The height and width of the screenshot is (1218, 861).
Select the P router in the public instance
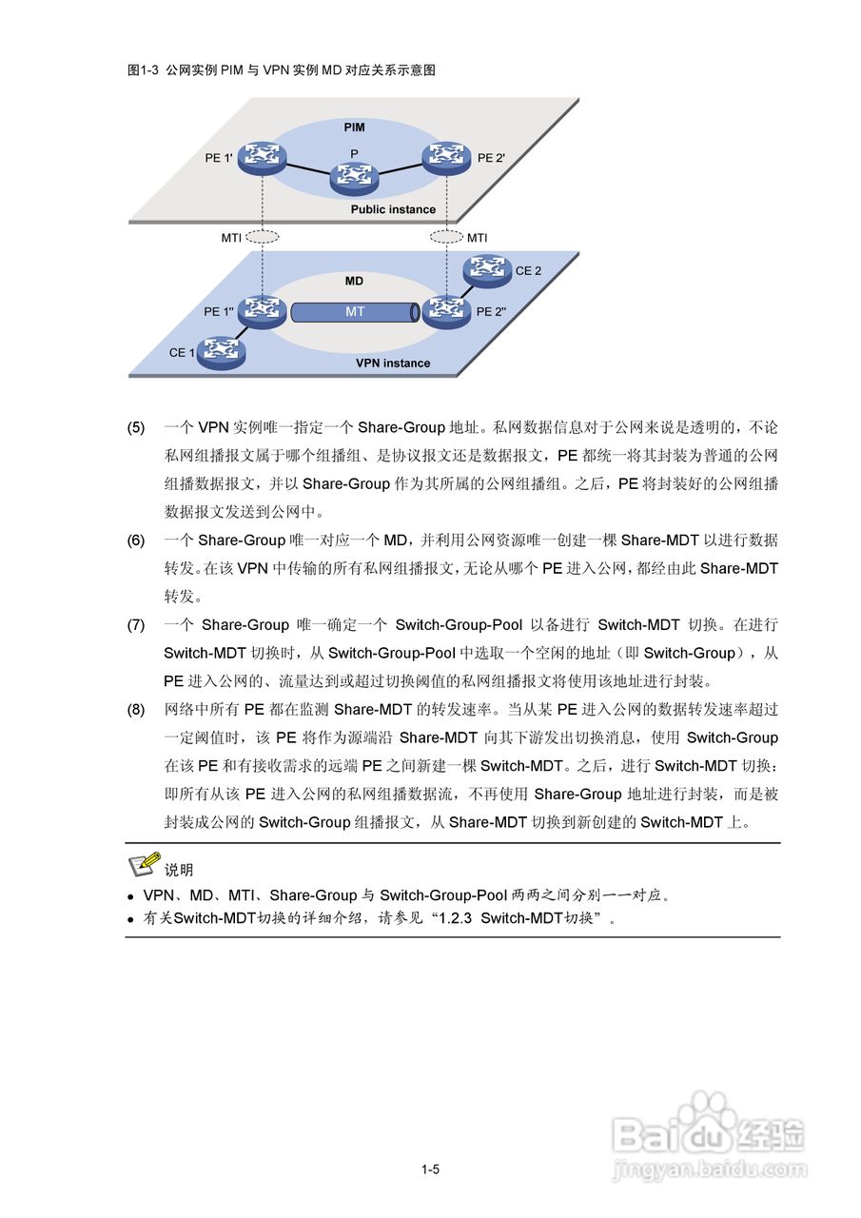[354, 176]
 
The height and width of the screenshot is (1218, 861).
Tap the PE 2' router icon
[445, 158]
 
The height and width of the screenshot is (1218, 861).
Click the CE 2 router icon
[487, 271]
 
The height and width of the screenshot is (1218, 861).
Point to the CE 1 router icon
[221, 352]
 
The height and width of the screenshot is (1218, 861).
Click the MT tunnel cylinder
[355, 312]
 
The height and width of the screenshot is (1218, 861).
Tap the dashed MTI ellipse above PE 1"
[262, 237]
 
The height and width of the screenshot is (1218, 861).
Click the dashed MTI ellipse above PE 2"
[445, 237]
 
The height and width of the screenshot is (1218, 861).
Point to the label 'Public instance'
[393, 209]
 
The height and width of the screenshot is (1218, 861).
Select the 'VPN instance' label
[393, 363]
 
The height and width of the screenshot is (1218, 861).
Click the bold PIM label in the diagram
[354, 127]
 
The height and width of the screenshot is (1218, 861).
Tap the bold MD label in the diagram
[354, 282]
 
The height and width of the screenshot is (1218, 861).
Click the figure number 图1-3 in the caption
[144, 70]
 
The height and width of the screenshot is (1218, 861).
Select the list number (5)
[136, 428]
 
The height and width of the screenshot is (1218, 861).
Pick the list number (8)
[136, 710]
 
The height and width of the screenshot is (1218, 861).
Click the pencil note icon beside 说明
[144, 863]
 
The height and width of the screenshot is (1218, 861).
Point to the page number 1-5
[430, 1170]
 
